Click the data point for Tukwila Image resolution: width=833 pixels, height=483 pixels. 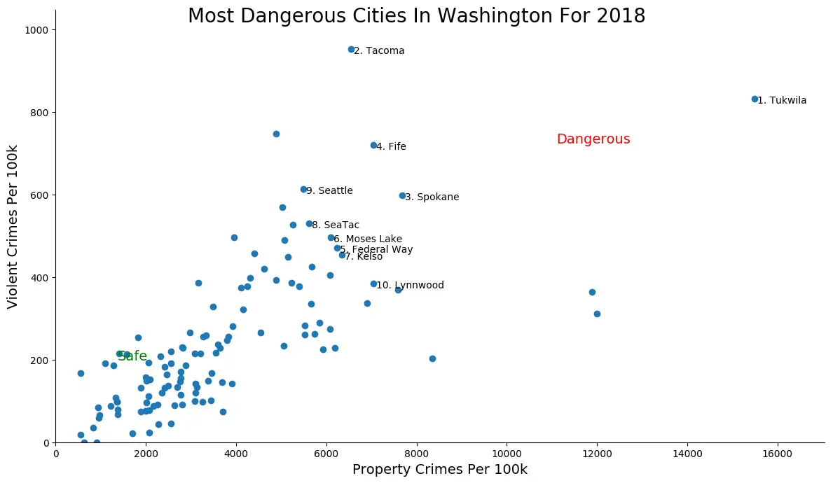click(755, 99)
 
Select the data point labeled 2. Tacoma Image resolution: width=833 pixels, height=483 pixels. click(351, 50)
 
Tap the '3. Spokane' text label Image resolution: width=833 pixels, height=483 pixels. click(432, 197)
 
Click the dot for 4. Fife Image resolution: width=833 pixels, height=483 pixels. click(373, 146)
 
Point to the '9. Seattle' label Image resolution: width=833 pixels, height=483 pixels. click(329, 191)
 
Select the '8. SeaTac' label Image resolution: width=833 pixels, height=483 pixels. click(336, 225)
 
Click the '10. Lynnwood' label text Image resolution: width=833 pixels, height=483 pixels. click(410, 286)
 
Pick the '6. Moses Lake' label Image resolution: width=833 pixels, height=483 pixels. click(368, 239)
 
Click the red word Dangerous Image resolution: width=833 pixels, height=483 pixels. click(593, 139)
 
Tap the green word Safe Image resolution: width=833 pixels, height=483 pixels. click(132, 356)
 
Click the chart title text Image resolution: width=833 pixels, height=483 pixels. click(416, 16)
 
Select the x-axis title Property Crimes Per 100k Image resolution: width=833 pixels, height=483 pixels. click(439, 470)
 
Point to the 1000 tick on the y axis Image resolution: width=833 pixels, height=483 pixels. click(39, 30)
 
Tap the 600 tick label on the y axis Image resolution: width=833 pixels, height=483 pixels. click(41, 195)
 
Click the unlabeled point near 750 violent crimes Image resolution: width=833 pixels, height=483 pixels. click(276, 134)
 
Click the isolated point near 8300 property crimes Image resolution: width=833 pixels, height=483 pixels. click(432, 358)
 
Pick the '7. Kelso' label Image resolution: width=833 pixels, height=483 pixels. click(363, 257)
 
